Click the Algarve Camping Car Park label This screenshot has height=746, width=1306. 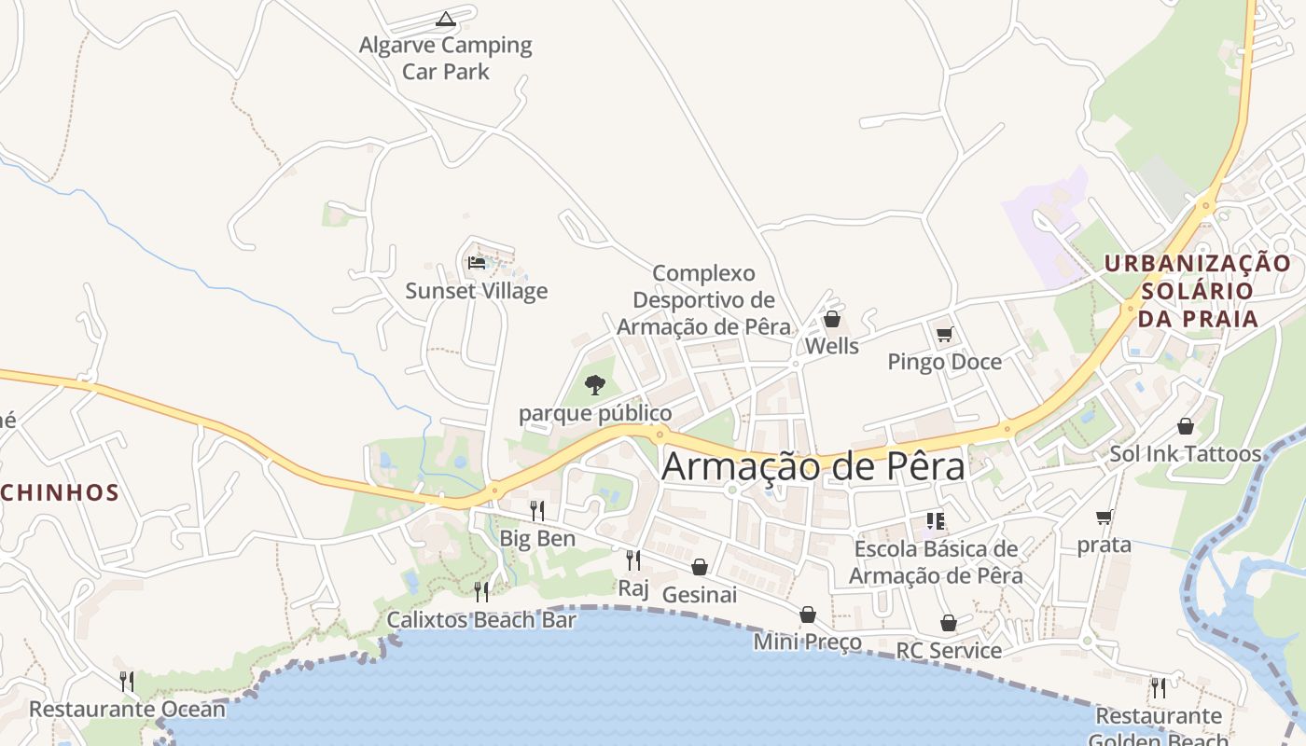click(446, 58)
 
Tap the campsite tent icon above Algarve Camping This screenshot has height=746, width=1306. click(446, 18)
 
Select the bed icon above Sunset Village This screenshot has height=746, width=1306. click(477, 262)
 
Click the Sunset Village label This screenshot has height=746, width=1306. click(477, 291)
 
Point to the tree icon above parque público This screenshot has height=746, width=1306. click(594, 384)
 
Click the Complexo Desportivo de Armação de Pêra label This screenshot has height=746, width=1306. click(703, 300)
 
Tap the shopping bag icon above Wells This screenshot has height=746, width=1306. click(832, 320)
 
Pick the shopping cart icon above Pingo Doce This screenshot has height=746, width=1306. click(944, 334)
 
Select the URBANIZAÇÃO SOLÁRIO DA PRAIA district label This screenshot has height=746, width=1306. click(1198, 291)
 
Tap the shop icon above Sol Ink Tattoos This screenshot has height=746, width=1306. click(1185, 426)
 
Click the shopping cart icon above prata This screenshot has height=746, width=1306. click(1105, 517)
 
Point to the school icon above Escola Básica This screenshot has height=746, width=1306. click(936, 521)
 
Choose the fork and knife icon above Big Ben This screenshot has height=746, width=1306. click(537, 510)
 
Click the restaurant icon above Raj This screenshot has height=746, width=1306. click(632, 559)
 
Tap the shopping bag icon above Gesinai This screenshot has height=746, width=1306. click(700, 567)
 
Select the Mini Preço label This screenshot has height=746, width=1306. click(808, 642)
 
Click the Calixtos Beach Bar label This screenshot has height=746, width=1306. click(481, 620)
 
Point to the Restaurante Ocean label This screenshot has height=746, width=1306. click(127, 709)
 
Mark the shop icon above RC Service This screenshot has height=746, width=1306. click(949, 623)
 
